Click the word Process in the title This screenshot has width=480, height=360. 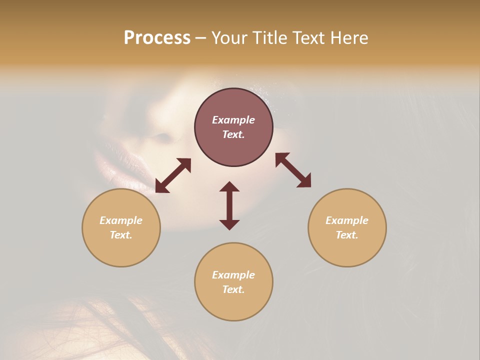coord(157,38)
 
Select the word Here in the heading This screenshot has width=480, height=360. coord(348,38)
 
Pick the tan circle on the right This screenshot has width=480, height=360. coord(347,250)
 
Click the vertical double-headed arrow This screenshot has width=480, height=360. coord(229,205)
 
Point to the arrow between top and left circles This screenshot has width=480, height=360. coord(173,175)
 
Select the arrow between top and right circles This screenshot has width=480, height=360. coord(293,170)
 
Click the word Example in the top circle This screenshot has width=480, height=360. coord(233,120)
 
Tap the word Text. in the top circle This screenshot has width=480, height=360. coord(233,134)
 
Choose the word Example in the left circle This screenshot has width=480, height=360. coord(121,220)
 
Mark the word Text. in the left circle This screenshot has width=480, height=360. coord(121,235)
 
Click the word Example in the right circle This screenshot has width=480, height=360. coord(347,220)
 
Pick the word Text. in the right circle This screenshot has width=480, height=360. coord(347,235)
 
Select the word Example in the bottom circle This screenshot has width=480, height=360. coord(233,275)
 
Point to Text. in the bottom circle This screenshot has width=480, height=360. coord(233,289)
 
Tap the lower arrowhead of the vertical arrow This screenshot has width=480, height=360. coord(229,224)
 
